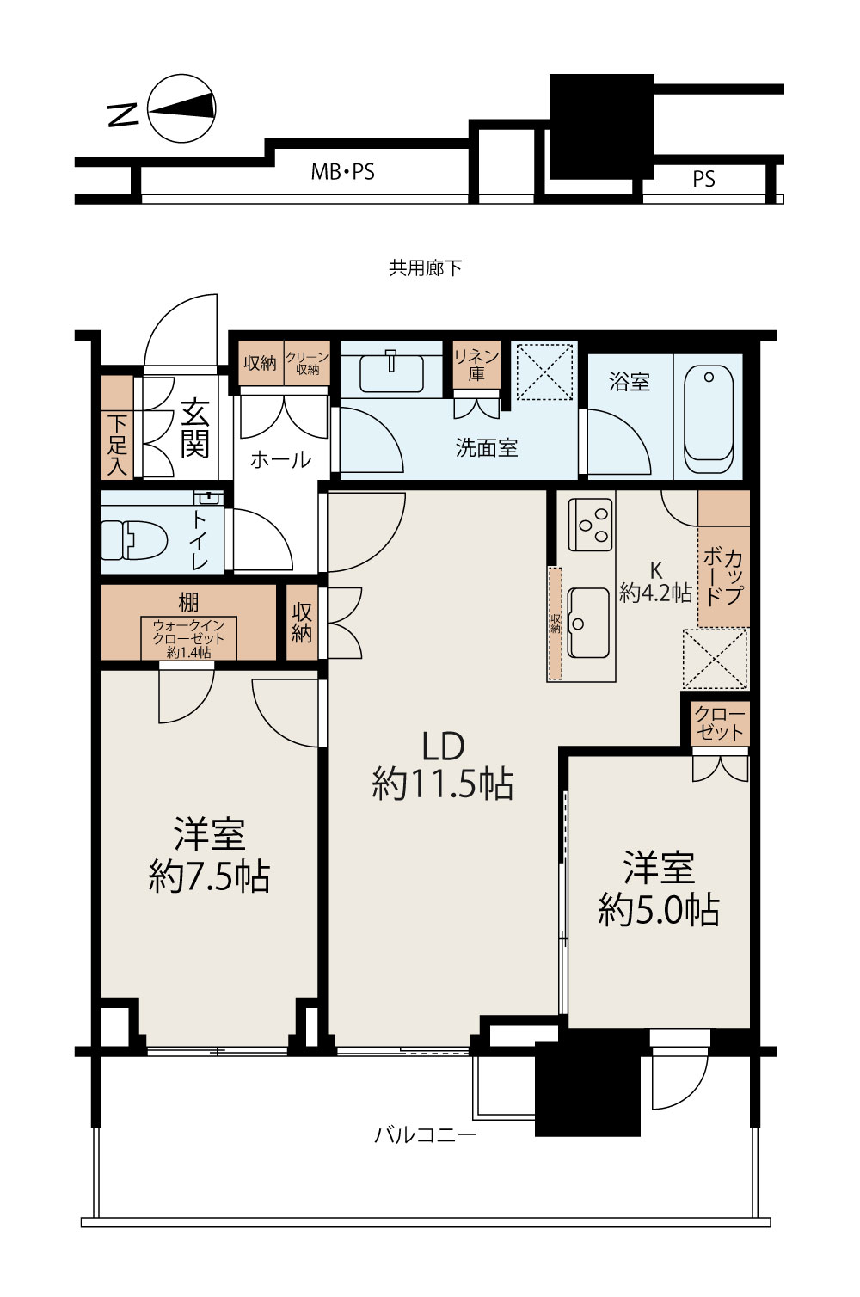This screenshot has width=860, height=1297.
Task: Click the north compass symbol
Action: pyautogui.click(x=181, y=108)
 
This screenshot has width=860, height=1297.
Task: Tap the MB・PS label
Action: pyautogui.click(x=342, y=172)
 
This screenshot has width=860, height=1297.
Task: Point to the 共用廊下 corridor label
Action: pyautogui.click(x=425, y=267)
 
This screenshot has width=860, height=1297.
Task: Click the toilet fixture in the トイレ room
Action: pyautogui.click(x=134, y=540)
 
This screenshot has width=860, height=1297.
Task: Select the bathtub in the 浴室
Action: pyautogui.click(x=709, y=419)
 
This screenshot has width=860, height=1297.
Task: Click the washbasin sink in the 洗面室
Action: pyautogui.click(x=391, y=373)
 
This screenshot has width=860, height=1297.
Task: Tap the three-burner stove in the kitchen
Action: pyautogui.click(x=590, y=524)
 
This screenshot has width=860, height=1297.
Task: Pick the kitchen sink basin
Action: pyautogui.click(x=588, y=623)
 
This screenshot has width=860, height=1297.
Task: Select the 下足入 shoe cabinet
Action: pyautogui.click(x=118, y=427)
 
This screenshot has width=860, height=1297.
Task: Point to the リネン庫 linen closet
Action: pyautogui.click(x=476, y=365)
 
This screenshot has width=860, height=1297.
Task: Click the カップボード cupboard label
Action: pyautogui.click(x=723, y=577)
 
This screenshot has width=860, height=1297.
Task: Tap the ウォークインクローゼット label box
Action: pyautogui.click(x=189, y=638)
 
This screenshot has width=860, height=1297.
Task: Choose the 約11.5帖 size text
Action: pyautogui.click(x=442, y=784)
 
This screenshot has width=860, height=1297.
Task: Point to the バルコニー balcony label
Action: pyautogui.click(x=425, y=1134)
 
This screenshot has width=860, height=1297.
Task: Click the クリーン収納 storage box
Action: pyautogui.click(x=307, y=363)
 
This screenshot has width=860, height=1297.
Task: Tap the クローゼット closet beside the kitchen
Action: pyautogui.click(x=720, y=724)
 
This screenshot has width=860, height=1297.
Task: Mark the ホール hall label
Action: pyautogui.click(x=281, y=460)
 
